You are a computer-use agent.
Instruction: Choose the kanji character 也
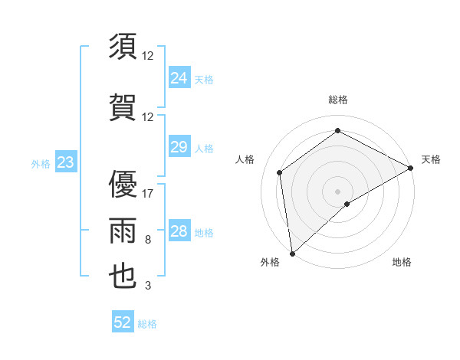(123, 276)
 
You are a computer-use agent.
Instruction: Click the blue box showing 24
(179, 77)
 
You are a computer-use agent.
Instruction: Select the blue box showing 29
(179, 147)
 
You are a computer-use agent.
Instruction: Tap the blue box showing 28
(179, 231)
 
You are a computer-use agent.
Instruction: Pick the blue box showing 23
(66, 162)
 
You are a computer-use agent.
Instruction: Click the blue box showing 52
(123, 322)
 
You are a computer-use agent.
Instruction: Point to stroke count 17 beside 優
(148, 194)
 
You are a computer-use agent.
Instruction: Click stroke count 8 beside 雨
(148, 241)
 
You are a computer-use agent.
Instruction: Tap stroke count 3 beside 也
(148, 286)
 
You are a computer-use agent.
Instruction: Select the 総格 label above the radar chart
(337, 100)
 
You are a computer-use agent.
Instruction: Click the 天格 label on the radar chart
(431, 159)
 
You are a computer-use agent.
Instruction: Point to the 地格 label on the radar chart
(402, 262)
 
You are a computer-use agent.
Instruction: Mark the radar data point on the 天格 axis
(411, 168)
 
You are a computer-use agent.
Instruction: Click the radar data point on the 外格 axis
(291, 253)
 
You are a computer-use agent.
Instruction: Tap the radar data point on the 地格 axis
(347, 204)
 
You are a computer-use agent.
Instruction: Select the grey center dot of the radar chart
(337, 191)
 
